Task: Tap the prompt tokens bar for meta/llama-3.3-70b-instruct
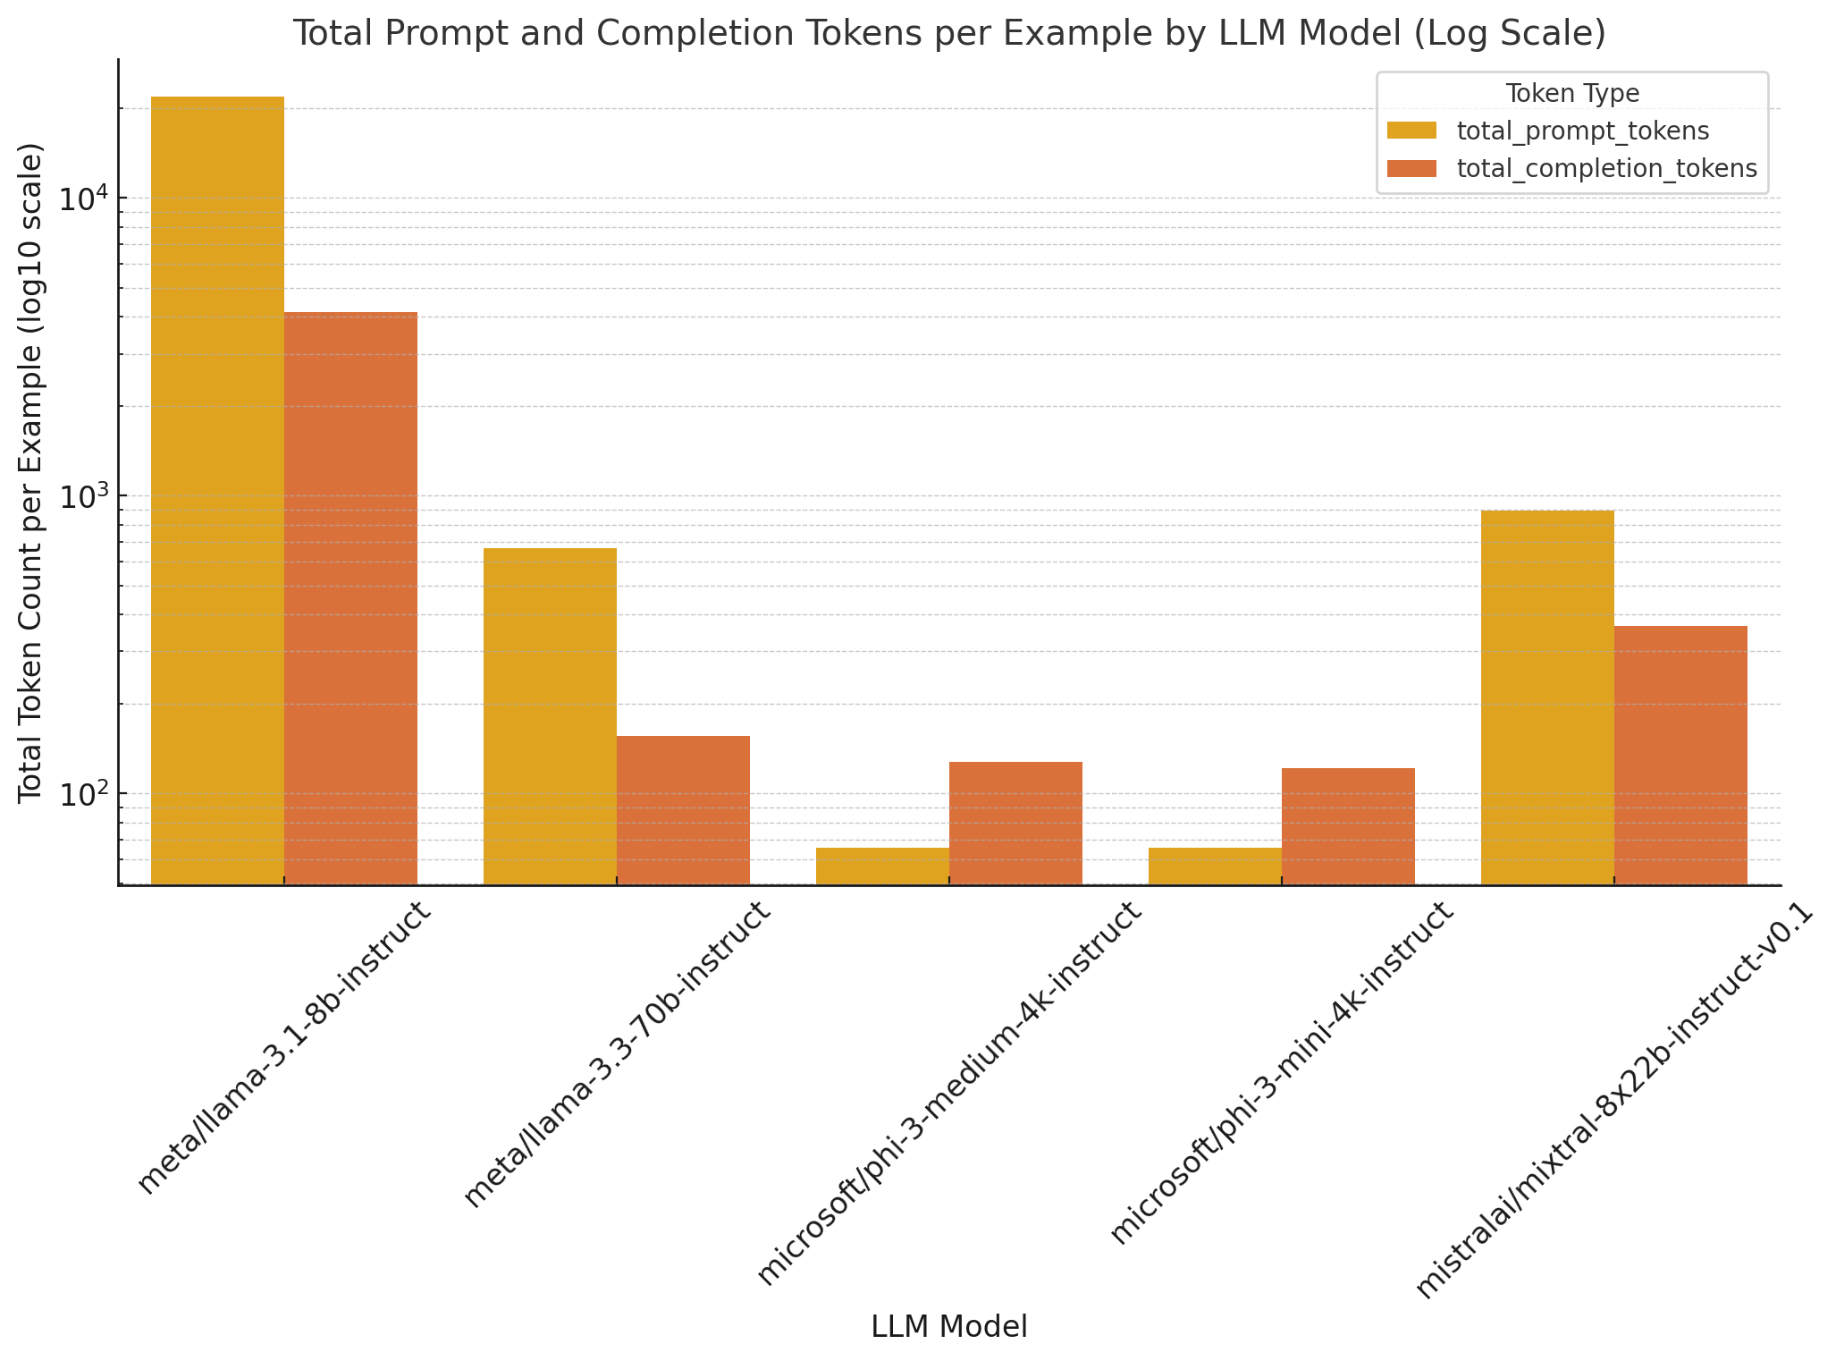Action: pos(550,715)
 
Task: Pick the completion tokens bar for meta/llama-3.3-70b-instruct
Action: pos(683,809)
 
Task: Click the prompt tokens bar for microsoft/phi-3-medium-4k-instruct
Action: pos(882,866)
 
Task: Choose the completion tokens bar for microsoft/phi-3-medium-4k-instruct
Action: pos(1015,823)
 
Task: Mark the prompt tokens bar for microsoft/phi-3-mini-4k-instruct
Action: pos(1215,866)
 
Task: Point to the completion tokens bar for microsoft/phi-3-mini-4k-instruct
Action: pos(1348,825)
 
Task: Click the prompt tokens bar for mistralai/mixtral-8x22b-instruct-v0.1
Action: pos(1547,697)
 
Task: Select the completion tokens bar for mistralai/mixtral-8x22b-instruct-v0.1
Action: pos(1680,755)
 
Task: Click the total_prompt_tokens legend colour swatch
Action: pos(1412,131)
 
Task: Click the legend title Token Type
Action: pos(1571,94)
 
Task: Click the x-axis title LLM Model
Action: pos(949,1327)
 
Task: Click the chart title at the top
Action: pos(949,33)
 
